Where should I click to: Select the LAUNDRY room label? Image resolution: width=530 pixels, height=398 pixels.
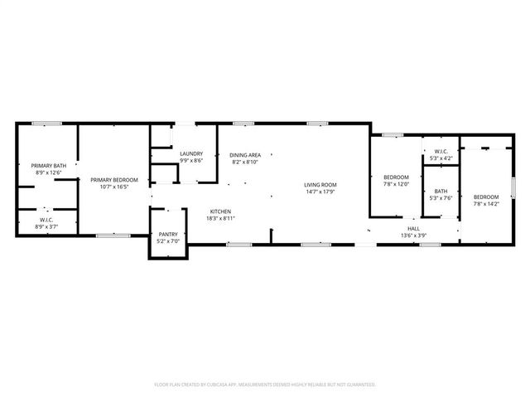coord(191,154)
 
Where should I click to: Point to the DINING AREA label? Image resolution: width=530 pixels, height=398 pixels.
coord(246,155)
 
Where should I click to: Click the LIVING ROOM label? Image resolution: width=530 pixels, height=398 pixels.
coord(320,184)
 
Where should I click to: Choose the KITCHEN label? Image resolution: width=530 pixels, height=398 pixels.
coord(219,211)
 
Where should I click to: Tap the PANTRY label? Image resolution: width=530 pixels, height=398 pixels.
coord(168,235)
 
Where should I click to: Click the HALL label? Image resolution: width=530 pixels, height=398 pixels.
coord(412,227)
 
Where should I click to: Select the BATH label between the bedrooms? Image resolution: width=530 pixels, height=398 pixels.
coord(441,191)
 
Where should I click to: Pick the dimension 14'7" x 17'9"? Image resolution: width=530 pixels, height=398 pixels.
coord(320,192)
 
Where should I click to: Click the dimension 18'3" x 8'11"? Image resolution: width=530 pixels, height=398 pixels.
coord(219,218)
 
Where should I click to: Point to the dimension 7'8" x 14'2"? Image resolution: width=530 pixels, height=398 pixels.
coord(486,203)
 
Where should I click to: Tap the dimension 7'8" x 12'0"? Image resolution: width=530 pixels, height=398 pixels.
coord(396,184)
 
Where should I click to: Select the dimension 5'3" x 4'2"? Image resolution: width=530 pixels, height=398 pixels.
coord(441,158)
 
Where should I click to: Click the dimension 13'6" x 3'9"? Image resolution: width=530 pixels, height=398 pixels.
coord(412,235)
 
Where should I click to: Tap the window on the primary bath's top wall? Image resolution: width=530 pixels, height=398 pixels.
coord(47,124)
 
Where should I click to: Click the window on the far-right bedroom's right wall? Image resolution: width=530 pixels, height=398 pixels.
coord(513,187)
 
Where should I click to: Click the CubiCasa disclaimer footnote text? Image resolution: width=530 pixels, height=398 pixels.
coord(265,385)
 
